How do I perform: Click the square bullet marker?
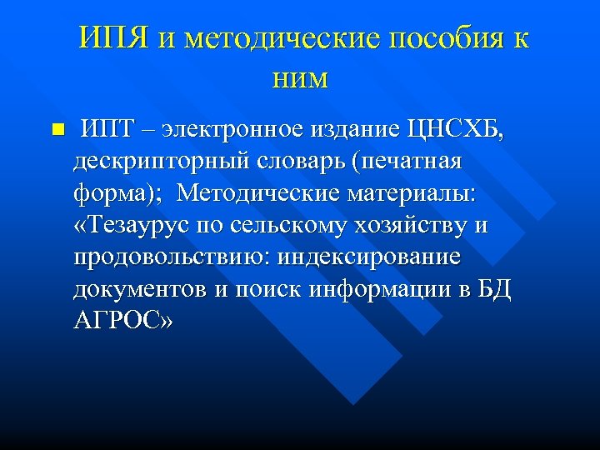tap(57, 129)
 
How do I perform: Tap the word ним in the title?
tap(300, 78)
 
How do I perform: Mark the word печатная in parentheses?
tap(408, 161)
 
